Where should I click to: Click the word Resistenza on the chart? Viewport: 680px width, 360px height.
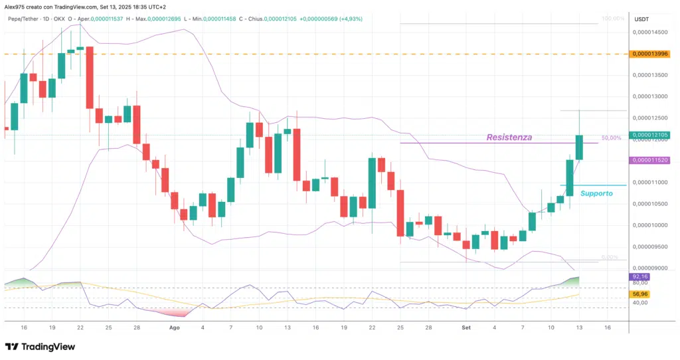[x=509, y=137]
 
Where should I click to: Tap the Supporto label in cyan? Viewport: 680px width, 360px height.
[x=596, y=193]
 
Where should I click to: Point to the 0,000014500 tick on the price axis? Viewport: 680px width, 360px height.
[x=649, y=32]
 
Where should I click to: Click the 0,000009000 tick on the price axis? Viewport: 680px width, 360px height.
[x=649, y=268]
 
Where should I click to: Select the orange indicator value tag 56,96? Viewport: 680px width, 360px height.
[x=640, y=294]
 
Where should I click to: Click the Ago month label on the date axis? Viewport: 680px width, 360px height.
[x=175, y=327]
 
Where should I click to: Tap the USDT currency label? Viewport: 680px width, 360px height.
[x=641, y=19]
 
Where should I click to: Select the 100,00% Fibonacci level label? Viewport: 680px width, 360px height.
[x=612, y=19]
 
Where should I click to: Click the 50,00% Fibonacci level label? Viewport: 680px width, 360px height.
[x=612, y=138]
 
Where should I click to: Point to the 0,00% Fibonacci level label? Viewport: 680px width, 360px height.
[x=610, y=257]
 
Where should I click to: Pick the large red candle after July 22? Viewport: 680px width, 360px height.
[x=89, y=77]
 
